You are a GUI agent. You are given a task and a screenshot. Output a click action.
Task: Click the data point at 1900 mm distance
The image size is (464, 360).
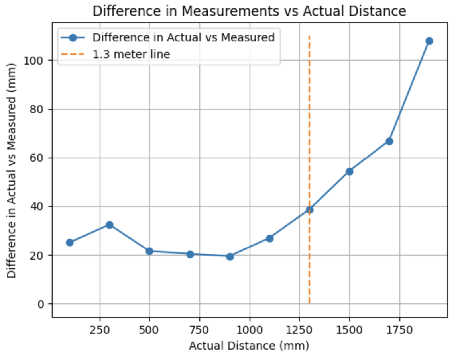pyautogui.click(x=429, y=41)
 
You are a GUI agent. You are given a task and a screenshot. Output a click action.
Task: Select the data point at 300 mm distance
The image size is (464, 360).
pyautogui.click(x=110, y=225)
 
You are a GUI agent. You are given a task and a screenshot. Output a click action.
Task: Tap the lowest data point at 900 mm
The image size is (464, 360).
pyautogui.click(x=230, y=256)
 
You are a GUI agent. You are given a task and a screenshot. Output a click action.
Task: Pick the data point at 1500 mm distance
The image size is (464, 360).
pyautogui.click(x=349, y=172)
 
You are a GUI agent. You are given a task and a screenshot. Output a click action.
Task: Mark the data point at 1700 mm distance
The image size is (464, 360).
pyautogui.click(x=389, y=141)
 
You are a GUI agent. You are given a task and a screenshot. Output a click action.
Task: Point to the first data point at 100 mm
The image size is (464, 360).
pyautogui.click(x=70, y=242)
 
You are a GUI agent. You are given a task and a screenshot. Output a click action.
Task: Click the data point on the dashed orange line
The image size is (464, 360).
pyautogui.click(x=309, y=209)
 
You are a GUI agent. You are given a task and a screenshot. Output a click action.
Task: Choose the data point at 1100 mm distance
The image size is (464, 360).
pyautogui.click(x=269, y=238)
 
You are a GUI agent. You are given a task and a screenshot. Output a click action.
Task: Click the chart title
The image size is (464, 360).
pyautogui.click(x=249, y=11)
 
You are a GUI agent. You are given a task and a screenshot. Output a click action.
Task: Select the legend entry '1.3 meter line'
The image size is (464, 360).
pyautogui.click(x=131, y=54)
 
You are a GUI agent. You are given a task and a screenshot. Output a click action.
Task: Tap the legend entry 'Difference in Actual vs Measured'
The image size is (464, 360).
pyautogui.click(x=183, y=37)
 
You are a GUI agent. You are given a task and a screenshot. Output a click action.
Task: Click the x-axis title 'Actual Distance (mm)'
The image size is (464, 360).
pyautogui.click(x=249, y=346)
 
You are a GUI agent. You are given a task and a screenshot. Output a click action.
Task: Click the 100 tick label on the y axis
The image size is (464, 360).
pyautogui.click(x=37, y=61)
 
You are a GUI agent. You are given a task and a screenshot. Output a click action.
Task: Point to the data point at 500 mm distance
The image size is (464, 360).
pyautogui.click(x=149, y=251)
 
